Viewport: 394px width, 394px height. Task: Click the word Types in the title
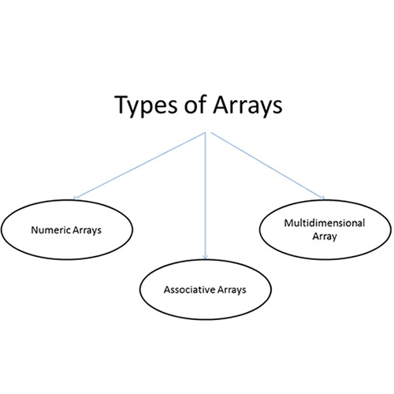click(x=147, y=106)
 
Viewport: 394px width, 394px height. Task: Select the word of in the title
click(x=195, y=104)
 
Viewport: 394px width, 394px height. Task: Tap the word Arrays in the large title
click(x=247, y=106)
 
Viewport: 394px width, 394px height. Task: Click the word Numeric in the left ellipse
click(x=51, y=230)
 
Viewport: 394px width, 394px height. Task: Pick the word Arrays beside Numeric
click(x=87, y=231)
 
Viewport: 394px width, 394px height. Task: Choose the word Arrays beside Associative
click(x=232, y=290)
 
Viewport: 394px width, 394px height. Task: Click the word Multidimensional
click(x=325, y=223)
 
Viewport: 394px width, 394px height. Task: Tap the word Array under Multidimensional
click(x=325, y=236)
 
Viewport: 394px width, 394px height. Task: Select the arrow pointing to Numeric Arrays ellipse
click(x=139, y=166)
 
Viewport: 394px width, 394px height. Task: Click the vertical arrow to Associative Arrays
click(x=206, y=196)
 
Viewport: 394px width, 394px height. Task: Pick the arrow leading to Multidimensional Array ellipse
click(x=268, y=166)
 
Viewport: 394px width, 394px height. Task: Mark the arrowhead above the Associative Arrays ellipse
click(x=206, y=257)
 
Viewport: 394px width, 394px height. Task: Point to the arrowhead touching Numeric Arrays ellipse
click(x=74, y=199)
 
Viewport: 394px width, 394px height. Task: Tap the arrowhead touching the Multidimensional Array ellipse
click(x=324, y=198)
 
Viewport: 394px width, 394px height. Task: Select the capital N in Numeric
click(x=35, y=230)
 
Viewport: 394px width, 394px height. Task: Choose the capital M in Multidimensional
click(x=288, y=223)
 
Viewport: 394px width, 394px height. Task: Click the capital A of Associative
click(x=167, y=290)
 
